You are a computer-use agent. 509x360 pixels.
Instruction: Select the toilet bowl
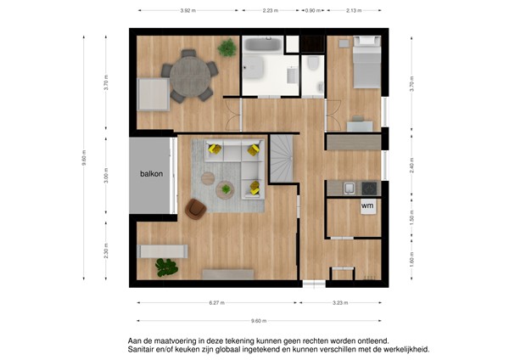313,65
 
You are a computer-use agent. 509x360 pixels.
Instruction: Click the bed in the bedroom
366,61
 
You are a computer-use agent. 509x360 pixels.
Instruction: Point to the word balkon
152,174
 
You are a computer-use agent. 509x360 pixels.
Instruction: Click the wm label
367,205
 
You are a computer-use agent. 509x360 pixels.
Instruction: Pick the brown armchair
197,209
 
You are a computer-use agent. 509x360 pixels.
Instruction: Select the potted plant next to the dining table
227,49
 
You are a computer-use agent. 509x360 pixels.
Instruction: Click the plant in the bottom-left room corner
166,268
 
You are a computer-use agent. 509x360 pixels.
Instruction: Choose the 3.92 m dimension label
189,11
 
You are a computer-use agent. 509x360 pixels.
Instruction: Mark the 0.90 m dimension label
312,11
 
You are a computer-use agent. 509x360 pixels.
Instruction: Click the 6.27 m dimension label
216,302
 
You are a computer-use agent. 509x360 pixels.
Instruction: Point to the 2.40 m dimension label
411,167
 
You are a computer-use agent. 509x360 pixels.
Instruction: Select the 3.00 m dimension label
106,175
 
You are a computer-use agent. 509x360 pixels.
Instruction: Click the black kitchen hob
368,187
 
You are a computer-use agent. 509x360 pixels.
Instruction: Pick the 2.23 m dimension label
270,11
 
